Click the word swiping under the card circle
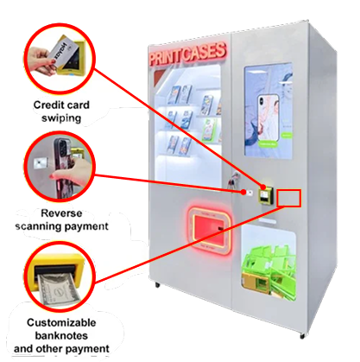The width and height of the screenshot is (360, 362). tap(61, 118)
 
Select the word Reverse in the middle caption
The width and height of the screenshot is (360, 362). tap(61, 213)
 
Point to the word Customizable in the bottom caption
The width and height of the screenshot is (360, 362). tap(61, 322)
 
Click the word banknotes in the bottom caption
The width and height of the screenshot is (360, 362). tap(61, 335)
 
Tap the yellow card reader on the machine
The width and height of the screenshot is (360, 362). tap(265, 195)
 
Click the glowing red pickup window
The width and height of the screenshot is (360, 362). tap(209, 230)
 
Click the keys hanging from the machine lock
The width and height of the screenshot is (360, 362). tap(232, 181)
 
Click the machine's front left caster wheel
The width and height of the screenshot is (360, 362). tap(157, 285)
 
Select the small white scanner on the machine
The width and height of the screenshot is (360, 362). tap(249, 193)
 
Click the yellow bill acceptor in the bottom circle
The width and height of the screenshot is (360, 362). tap(57, 271)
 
